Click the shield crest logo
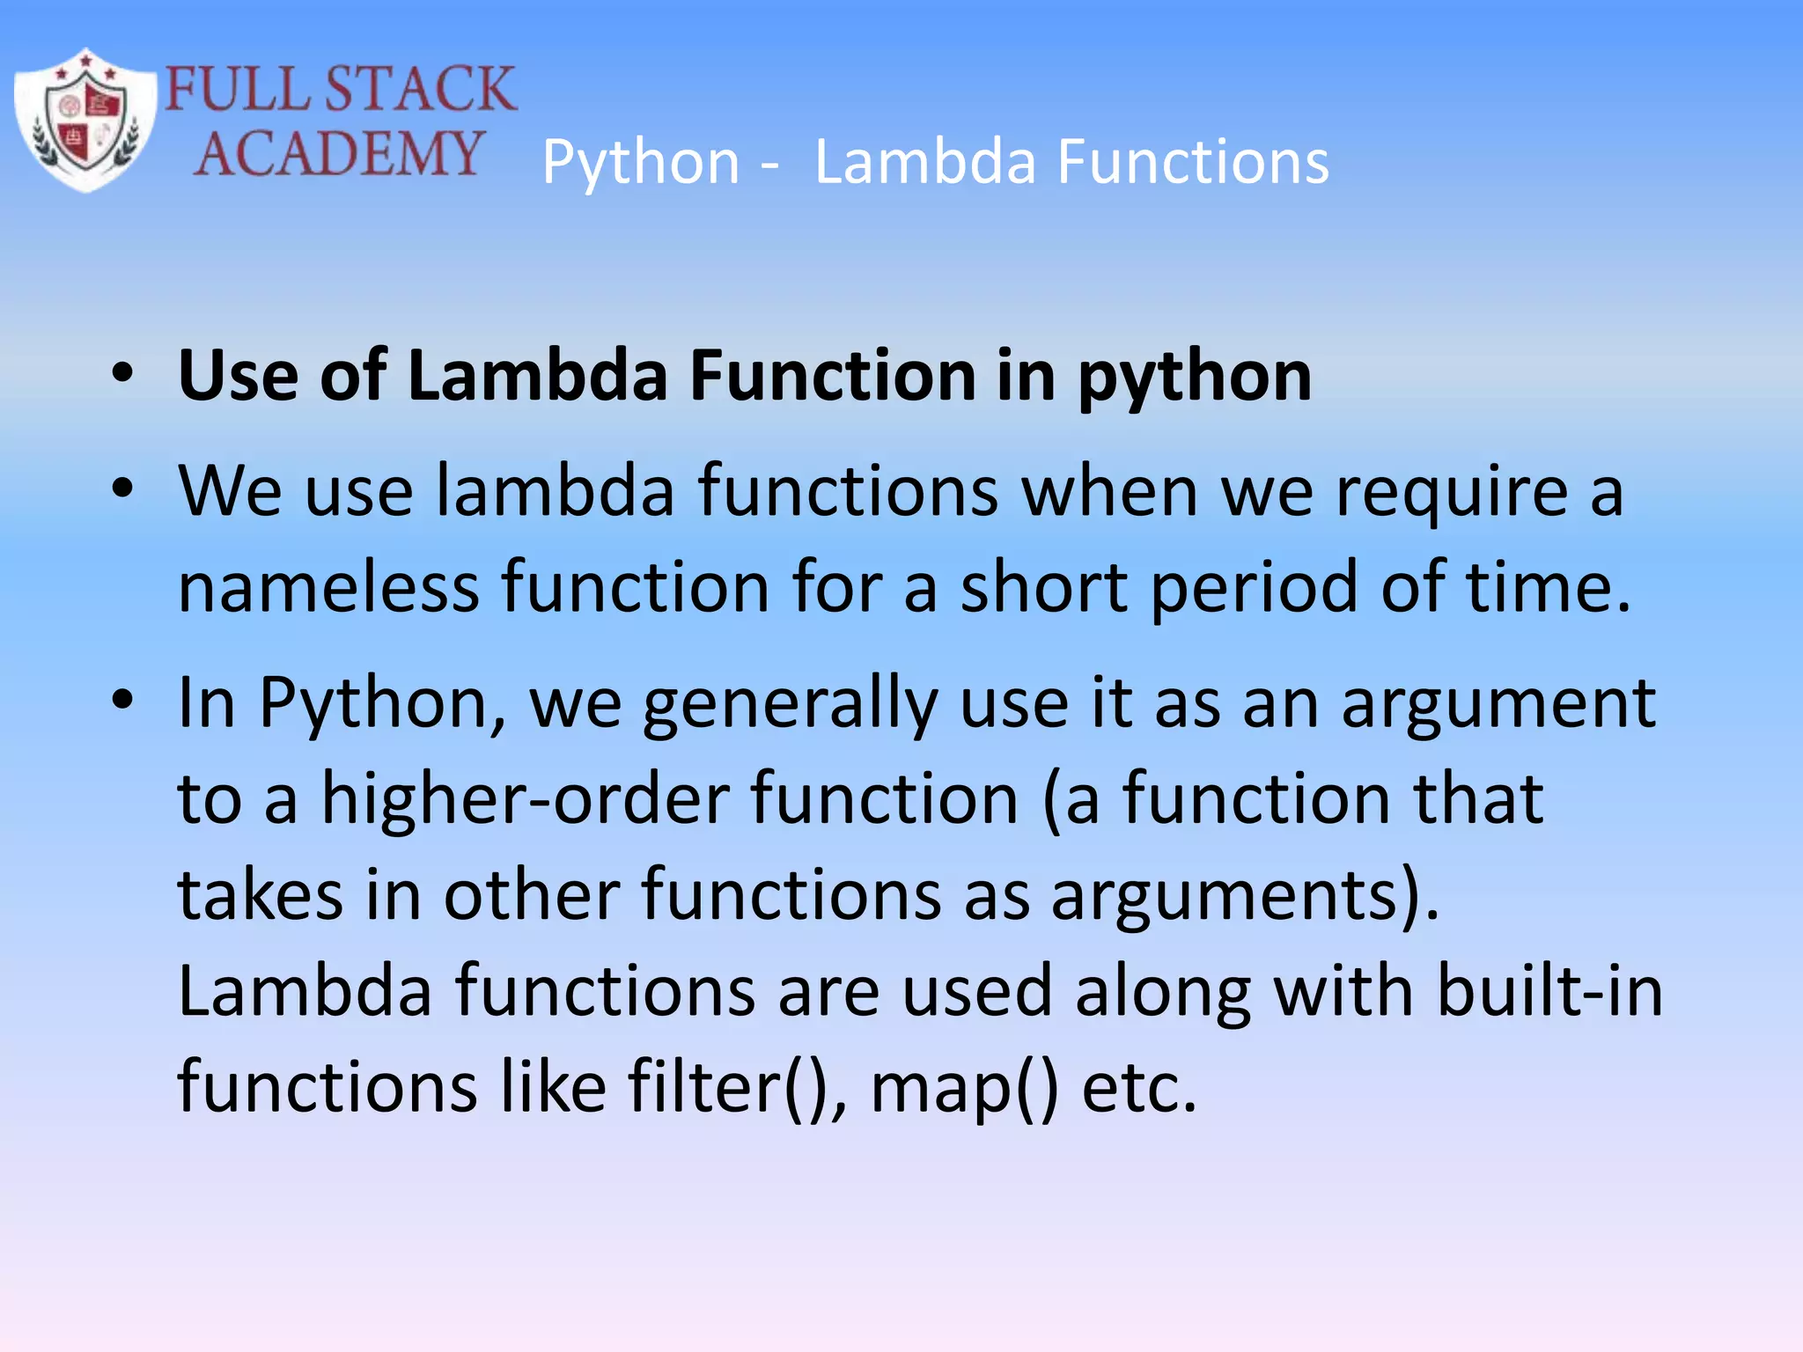click(85, 120)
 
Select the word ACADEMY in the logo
click(339, 153)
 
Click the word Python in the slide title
click(641, 163)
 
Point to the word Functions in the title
click(1193, 163)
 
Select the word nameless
click(328, 587)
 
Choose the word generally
click(790, 704)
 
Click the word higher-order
click(525, 799)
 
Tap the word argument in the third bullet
click(1498, 704)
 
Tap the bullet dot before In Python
click(122, 701)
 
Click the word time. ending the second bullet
click(1548, 587)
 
